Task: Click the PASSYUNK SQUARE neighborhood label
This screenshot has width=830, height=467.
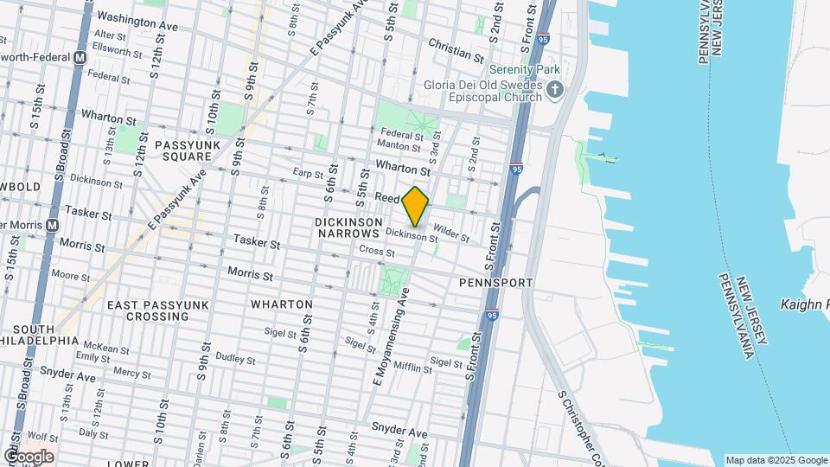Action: click(183, 150)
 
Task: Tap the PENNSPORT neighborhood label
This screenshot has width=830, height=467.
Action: click(495, 283)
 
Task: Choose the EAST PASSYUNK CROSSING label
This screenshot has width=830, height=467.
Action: click(148, 310)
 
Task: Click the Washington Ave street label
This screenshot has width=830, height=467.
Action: click(137, 22)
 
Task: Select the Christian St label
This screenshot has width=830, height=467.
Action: click(455, 49)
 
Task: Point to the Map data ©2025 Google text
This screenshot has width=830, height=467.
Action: click(776, 460)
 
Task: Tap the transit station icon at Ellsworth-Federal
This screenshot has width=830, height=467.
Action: click(80, 57)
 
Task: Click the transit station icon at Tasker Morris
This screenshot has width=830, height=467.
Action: click(51, 224)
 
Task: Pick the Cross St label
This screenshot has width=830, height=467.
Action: click(377, 253)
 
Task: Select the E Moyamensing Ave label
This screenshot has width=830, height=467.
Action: click(391, 337)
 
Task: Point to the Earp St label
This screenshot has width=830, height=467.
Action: click(308, 172)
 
